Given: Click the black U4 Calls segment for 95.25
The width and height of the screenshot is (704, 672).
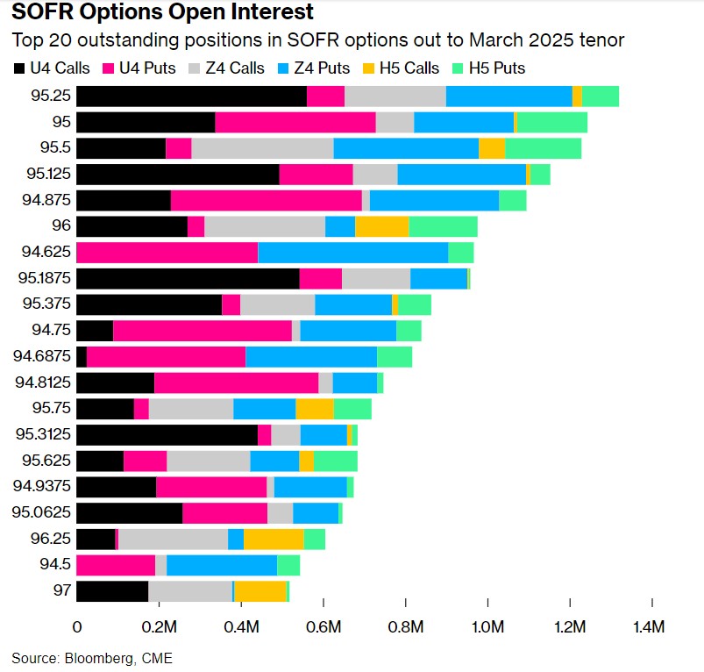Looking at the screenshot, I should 191,97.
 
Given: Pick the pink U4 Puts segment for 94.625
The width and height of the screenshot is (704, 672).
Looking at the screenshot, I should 167,253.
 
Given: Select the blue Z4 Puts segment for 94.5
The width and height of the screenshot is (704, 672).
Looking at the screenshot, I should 222,565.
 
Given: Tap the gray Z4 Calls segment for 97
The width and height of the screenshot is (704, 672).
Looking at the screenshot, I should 190,591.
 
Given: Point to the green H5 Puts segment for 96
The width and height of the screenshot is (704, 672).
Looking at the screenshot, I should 443,227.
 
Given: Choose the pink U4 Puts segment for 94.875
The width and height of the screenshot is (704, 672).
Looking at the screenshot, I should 266,201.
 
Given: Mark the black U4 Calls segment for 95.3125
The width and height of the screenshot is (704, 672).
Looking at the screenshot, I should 167,435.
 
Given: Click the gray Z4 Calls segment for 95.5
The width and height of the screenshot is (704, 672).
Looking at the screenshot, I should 262,149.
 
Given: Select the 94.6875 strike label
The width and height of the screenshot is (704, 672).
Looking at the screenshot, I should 40,357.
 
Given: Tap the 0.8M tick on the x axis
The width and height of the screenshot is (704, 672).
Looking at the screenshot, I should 405,627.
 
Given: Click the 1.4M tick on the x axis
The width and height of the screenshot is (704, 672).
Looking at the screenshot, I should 651,627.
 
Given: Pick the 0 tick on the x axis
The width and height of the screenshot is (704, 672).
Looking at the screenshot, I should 77,627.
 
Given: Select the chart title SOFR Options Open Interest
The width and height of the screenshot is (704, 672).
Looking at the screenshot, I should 162,14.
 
